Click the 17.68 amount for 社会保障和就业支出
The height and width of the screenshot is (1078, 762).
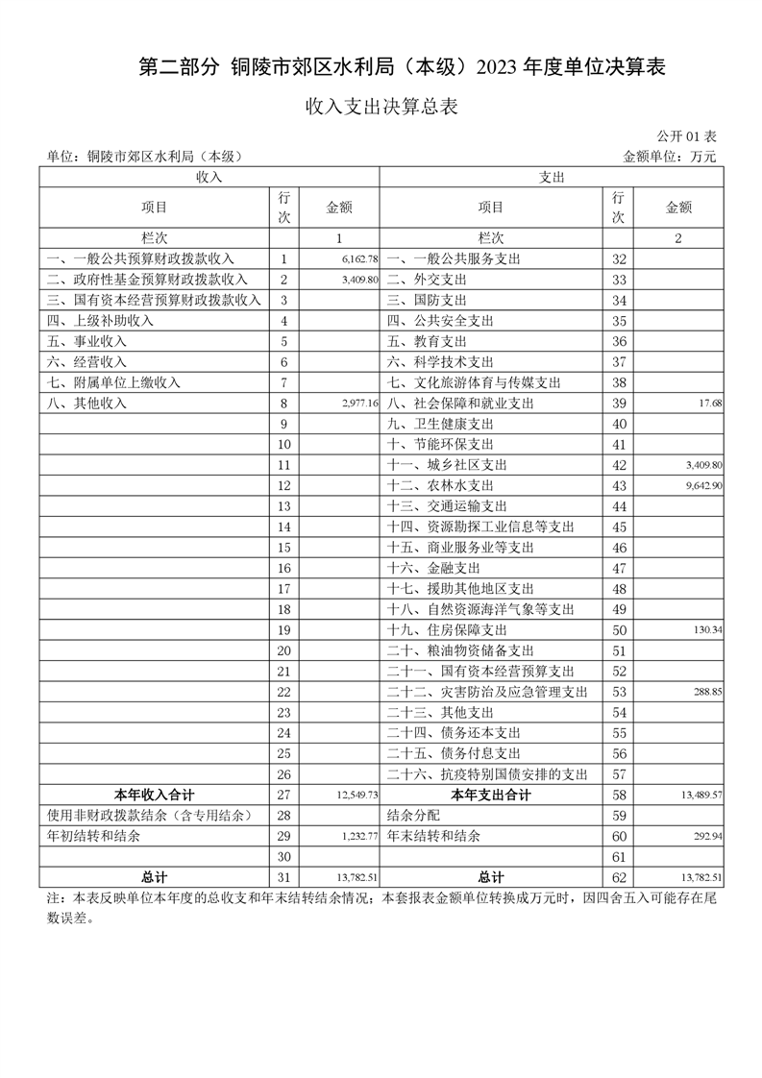pos(711,404)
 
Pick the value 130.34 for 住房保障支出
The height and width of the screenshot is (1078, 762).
pos(707,630)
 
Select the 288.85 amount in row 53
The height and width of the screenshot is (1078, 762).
pos(707,692)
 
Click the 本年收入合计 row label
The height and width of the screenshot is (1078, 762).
pos(154,796)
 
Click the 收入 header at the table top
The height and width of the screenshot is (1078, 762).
pos(209,178)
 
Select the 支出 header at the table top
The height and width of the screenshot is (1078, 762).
pos(552,178)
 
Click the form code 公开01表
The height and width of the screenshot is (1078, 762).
pos(687,137)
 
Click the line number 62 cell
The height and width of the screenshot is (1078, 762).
pos(619,878)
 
